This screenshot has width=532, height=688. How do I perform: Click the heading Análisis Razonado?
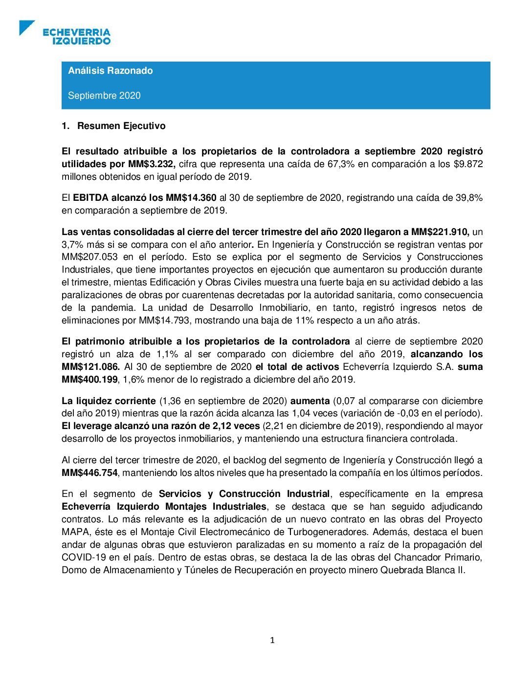(x=110, y=70)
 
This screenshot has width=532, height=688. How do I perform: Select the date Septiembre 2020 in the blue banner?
(x=104, y=95)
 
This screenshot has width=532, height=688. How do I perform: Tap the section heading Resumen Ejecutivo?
(x=121, y=126)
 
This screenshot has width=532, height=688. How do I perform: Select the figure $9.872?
(x=467, y=164)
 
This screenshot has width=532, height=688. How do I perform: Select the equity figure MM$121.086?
(x=90, y=366)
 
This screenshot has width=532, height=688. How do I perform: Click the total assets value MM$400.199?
(x=90, y=379)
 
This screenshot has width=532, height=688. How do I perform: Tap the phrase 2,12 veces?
(x=236, y=426)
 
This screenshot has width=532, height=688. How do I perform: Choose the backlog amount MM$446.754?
(x=90, y=473)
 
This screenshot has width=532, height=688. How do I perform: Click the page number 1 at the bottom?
(x=272, y=640)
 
